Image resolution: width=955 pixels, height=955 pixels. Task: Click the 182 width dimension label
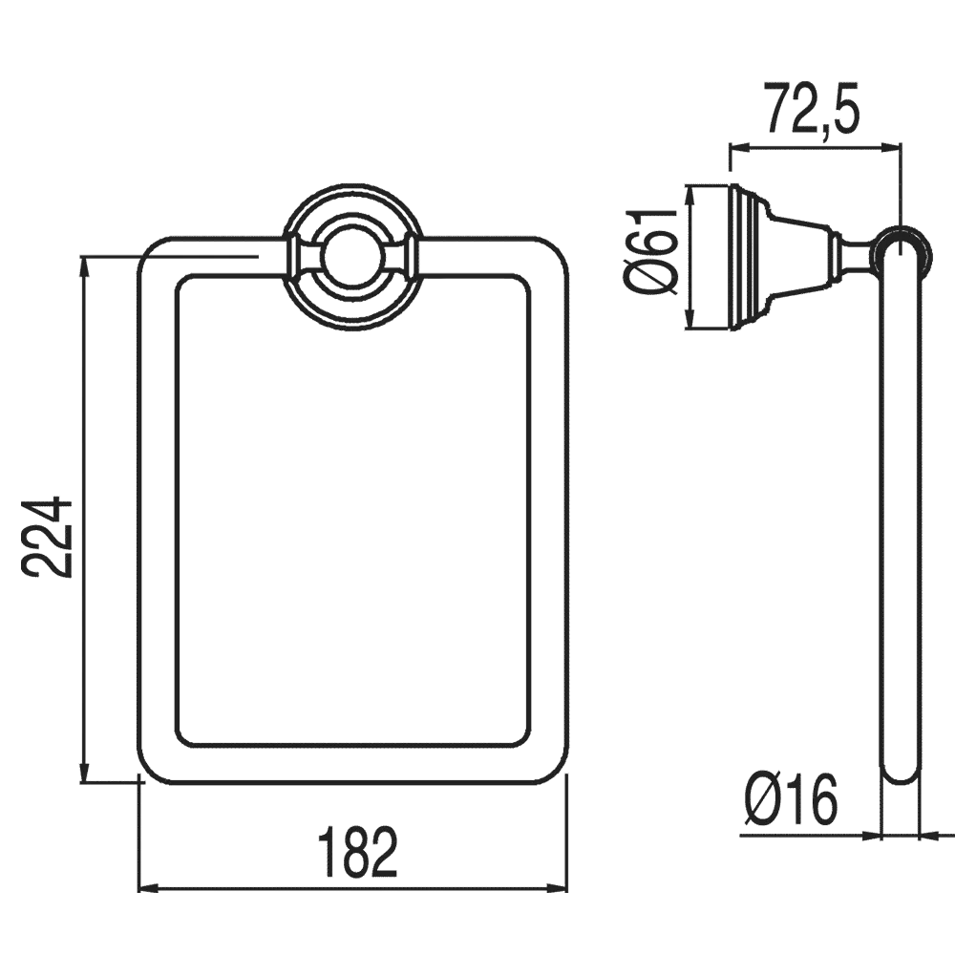click(x=355, y=853)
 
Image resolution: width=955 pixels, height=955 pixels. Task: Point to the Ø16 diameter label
click(x=791, y=800)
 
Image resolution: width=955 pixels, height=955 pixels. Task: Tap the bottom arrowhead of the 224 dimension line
click(x=85, y=774)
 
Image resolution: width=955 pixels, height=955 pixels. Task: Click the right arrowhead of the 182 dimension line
click(x=562, y=888)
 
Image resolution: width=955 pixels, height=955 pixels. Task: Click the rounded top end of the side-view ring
click(x=900, y=243)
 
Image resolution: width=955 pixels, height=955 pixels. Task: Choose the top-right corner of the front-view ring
click(x=552, y=250)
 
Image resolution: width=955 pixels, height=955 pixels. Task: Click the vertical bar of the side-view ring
click(x=900, y=516)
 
